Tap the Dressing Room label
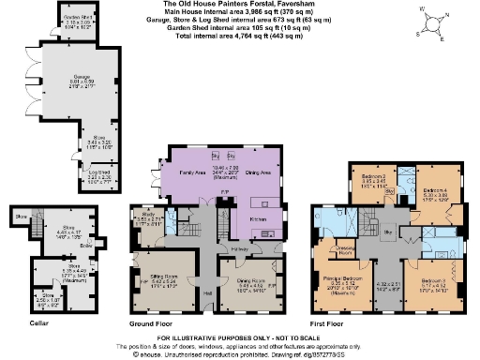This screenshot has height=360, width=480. (x=346, y=251)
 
